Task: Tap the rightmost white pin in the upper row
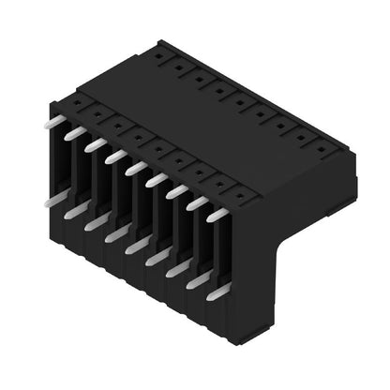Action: [217, 215]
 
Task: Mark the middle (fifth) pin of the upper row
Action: [136, 168]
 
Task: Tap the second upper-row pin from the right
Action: [197, 202]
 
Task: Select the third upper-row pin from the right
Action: [176, 191]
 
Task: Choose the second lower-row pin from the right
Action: [197, 280]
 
